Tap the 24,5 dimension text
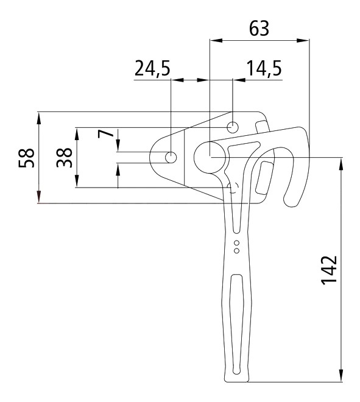pyautogui.click(x=152, y=68)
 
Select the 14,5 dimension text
pyautogui.click(x=264, y=68)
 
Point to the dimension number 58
pyautogui.click(x=26, y=158)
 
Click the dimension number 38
pyautogui.click(x=64, y=158)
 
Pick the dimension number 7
pyautogui.click(x=105, y=133)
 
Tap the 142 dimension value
pyautogui.click(x=329, y=270)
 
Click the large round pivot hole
pyautogui.click(x=210, y=157)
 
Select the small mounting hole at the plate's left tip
pyautogui.click(x=171, y=157)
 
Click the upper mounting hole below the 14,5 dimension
pyautogui.click(x=233, y=127)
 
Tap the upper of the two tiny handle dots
pyautogui.click(x=237, y=243)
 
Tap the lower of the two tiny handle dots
pyautogui.click(x=237, y=251)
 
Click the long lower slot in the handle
pyautogui.click(x=236, y=324)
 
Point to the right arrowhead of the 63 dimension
pyautogui.click(x=303, y=40)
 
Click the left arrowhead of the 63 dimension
pyautogui.click(x=216, y=40)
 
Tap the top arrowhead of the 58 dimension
pyautogui.click(x=39, y=118)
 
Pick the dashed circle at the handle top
pyautogui.click(x=233, y=188)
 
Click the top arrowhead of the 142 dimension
pyautogui.click(x=341, y=163)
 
